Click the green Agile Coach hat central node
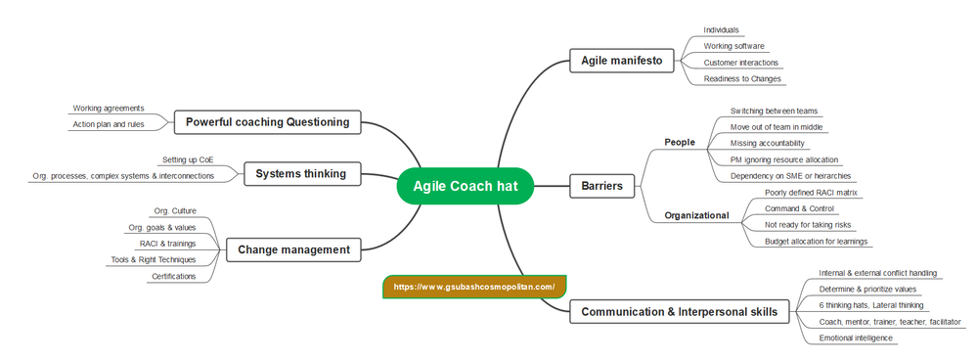point(465,186)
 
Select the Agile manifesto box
point(621,61)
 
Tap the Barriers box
point(601,186)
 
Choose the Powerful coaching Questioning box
point(267,122)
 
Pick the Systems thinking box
point(300,174)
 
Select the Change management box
point(293,249)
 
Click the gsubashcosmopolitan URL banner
point(474,287)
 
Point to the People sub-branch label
point(679,142)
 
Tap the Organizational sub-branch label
point(696,215)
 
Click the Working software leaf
point(733,46)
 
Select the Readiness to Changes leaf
point(742,78)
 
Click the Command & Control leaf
point(798,208)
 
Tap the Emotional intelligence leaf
point(856,337)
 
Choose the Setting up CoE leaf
point(188,159)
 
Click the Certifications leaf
point(173,276)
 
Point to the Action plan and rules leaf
point(109,124)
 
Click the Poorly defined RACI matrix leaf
point(811,193)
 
